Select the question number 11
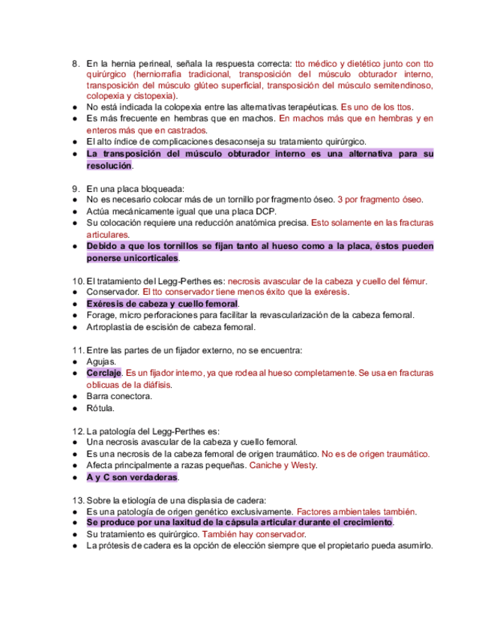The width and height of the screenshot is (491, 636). point(77,350)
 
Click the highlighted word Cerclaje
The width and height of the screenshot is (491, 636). point(103,373)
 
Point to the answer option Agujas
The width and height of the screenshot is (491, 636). point(102,361)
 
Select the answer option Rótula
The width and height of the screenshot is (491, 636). point(101,408)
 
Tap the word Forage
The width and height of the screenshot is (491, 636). point(102,316)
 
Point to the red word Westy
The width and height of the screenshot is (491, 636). point(303,466)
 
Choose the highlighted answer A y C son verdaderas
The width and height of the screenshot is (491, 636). point(132,477)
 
